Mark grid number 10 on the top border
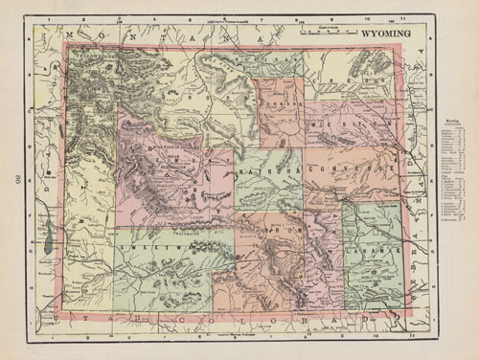tap(376, 17)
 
